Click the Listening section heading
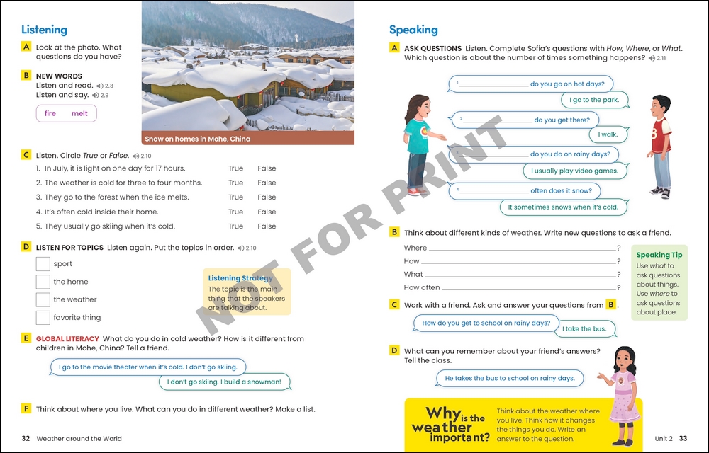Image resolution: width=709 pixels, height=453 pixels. coord(44,30)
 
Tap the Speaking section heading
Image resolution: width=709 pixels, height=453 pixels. coord(413,30)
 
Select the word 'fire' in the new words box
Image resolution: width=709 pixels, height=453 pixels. coord(50,113)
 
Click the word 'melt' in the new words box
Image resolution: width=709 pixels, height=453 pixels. coord(79,113)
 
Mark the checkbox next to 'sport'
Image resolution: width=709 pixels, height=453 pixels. coord(43,264)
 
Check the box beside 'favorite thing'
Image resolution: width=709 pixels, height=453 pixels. coord(43,318)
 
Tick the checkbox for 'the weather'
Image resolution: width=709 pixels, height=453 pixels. coord(43,299)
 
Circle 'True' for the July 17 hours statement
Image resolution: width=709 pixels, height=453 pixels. coord(235,168)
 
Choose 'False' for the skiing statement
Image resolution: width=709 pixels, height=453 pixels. coord(267,226)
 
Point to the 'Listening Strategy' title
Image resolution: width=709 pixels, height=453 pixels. coord(240,278)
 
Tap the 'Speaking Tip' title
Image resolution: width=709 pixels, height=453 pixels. coord(659,255)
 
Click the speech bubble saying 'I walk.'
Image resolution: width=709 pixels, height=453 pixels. coord(608,134)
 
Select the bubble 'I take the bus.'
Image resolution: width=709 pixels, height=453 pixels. coord(584,329)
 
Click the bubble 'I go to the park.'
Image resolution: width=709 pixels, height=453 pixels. coord(595,101)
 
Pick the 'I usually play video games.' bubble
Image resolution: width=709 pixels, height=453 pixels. coord(574,171)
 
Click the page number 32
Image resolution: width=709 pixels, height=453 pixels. coord(26,439)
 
